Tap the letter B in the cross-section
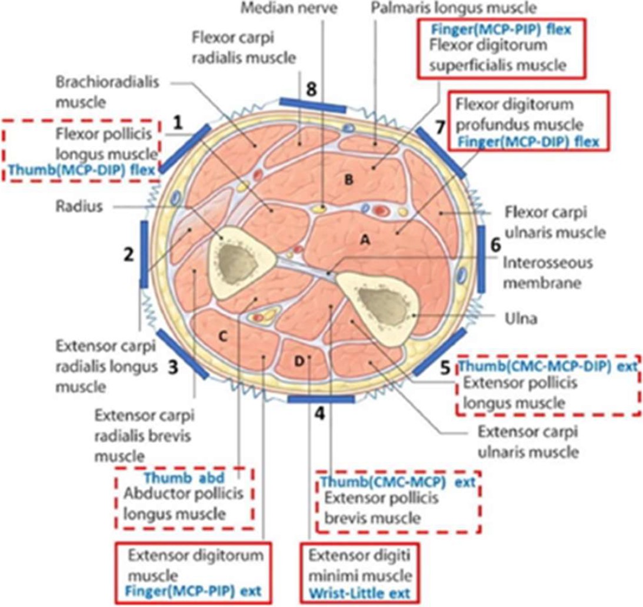(x=348, y=180)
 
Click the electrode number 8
(x=311, y=89)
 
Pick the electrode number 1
(x=176, y=122)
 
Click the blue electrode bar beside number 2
(x=144, y=254)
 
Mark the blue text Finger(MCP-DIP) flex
(x=528, y=142)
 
